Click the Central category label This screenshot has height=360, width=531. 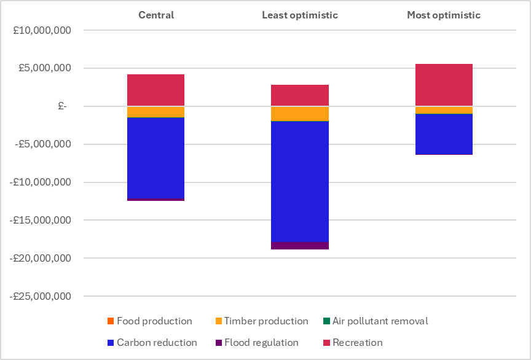[156, 15]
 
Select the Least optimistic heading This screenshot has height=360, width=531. [300, 15]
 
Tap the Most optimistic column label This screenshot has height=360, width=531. [444, 15]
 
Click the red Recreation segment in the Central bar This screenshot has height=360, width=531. [156, 90]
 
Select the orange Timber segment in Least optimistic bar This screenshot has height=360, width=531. [300, 114]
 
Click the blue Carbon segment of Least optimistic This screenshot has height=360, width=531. [300, 181]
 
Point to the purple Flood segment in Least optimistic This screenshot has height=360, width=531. [300, 246]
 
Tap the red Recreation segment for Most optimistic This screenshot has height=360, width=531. [444, 85]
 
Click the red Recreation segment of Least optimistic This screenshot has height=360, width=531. [300, 95]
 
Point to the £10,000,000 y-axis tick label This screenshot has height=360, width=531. [42, 30]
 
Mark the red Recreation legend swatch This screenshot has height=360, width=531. [326, 343]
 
